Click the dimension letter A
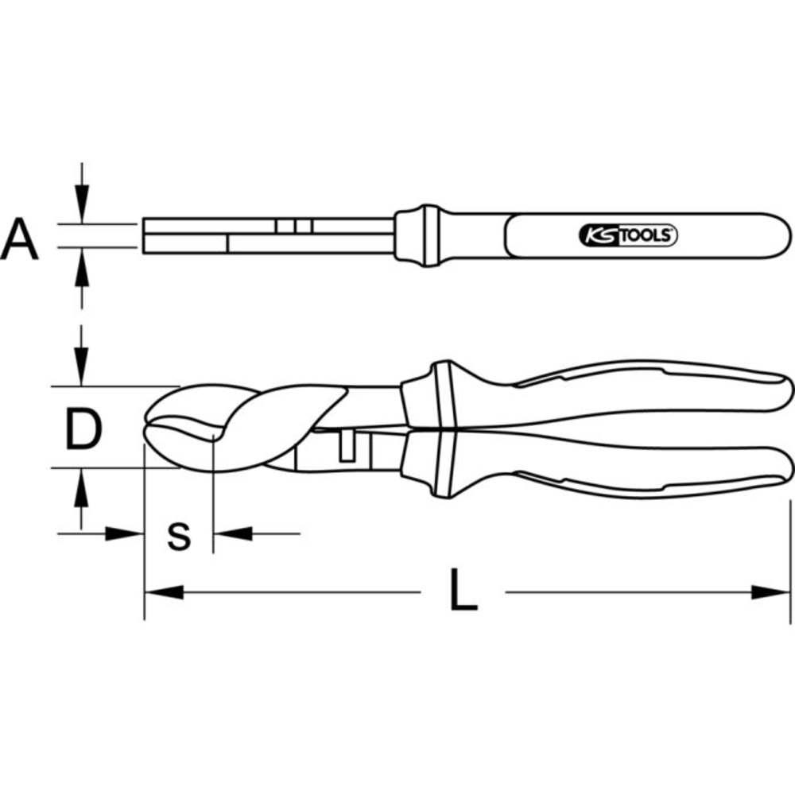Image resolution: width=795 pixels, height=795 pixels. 19,238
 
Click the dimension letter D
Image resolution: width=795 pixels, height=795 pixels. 83,430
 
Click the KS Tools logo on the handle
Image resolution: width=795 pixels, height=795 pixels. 628,236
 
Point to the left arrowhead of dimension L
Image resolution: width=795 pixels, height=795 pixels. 164,592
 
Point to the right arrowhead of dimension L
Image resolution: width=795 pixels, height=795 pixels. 770,592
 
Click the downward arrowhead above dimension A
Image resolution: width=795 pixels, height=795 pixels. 82,204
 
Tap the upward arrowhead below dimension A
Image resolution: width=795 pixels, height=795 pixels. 82,266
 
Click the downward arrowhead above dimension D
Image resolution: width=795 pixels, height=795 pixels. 81,366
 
